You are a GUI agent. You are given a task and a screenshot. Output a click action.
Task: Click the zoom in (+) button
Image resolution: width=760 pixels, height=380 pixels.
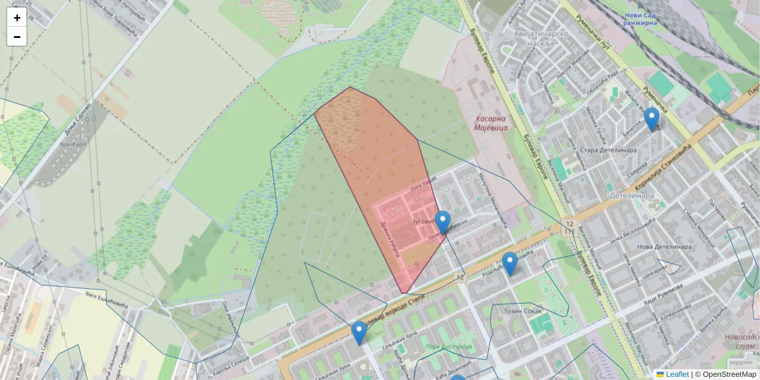[x=17, y=18]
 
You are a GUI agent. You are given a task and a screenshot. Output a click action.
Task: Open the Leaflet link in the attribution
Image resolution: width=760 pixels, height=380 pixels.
[x=676, y=374]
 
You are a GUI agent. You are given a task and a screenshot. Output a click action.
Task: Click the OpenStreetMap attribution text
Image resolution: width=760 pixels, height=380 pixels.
[x=727, y=374]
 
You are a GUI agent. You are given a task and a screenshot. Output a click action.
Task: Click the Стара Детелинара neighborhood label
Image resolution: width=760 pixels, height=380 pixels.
[x=608, y=151]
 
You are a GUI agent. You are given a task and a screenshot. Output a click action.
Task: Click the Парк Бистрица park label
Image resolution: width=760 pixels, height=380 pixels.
[x=448, y=346]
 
